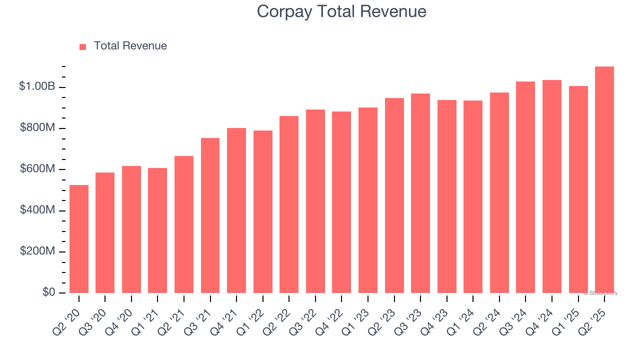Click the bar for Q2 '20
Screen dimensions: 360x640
click(x=79, y=239)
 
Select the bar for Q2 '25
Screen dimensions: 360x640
click(x=604, y=180)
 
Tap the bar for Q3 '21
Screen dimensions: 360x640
click(x=210, y=215)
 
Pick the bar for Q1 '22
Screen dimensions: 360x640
click(x=262, y=211)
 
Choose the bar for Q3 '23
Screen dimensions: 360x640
click(x=420, y=193)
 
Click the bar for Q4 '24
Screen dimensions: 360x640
click(x=552, y=186)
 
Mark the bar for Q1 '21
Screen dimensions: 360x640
click(x=157, y=230)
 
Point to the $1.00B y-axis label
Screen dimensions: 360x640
click(x=37, y=86)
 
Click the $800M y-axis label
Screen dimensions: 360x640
click(x=37, y=128)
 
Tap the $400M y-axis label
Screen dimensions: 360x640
click(x=37, y=210)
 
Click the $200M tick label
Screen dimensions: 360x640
click(x=37, y=251)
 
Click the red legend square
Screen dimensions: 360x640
click(x=83, y=47)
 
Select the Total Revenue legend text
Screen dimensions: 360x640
click(x=130, y=46)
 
